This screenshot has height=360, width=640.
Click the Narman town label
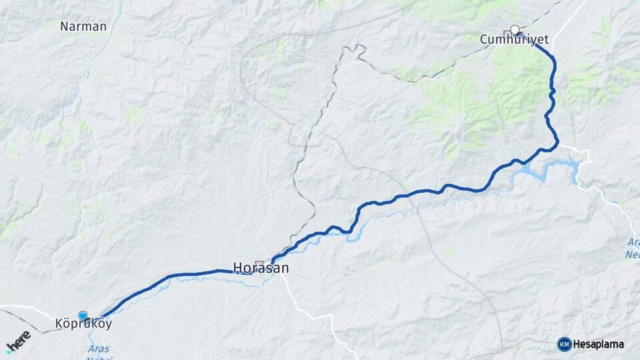click(83, 27)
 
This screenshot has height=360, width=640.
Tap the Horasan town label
click(261, 268)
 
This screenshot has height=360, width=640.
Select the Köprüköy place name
click(83, 325)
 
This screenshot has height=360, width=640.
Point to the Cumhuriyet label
click(514, 40)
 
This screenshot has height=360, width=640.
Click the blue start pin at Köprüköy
click(83, 315)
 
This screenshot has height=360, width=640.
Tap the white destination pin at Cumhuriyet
click(515, 29)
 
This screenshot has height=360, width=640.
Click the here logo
click(18, 342)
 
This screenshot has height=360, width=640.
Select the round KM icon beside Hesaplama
click(564, 344)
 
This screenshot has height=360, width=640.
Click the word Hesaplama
click(599, 344)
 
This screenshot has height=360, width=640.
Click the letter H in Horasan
click(237, 268)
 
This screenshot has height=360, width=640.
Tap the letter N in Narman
click(65, 27)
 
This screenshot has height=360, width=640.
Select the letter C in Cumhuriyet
click(485, 40)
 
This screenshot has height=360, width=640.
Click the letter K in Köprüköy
click(59, 325)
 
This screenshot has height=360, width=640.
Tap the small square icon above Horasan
click(259, 262)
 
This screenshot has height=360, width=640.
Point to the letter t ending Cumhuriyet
click(546, 40)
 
